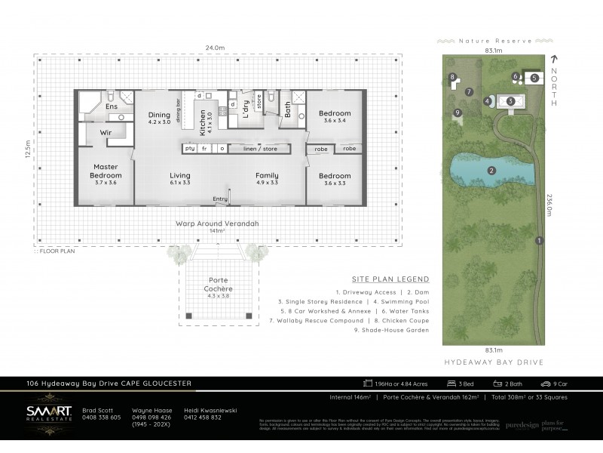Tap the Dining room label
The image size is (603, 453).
point(159,117)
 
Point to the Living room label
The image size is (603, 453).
point(180,177)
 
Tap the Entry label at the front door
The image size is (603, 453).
point(220,199)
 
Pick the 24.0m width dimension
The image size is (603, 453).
point(216,48)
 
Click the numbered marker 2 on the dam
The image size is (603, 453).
point(491,171)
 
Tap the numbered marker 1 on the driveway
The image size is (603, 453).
point(538,241)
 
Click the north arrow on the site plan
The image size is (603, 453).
point(554,60)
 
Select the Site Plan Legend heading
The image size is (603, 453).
point(390,278)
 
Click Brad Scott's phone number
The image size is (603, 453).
point(101,418)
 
